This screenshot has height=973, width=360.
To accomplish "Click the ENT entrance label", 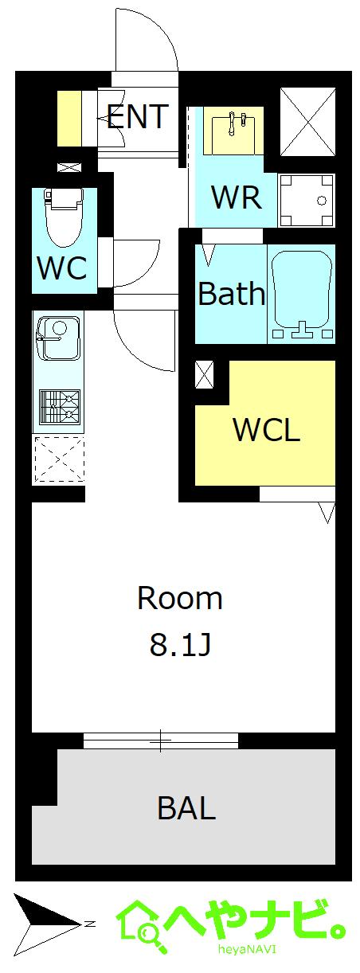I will click(137, 117).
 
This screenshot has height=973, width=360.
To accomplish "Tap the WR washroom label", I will click(237, 196).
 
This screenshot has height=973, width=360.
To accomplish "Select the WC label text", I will click(62, 268).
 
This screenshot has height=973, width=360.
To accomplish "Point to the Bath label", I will click(231, 295).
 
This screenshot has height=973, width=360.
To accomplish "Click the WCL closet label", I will click(266, 430).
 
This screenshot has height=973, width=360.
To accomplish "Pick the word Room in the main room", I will click(180, 598).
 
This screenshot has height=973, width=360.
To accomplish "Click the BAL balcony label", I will click(186, 808).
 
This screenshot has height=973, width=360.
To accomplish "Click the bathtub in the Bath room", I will click(301, 295).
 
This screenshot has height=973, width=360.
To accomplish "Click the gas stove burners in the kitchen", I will click(59, 406).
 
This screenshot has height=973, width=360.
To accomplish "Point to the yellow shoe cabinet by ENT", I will click(69, 119).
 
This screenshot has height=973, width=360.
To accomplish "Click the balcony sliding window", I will click(162, 740).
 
